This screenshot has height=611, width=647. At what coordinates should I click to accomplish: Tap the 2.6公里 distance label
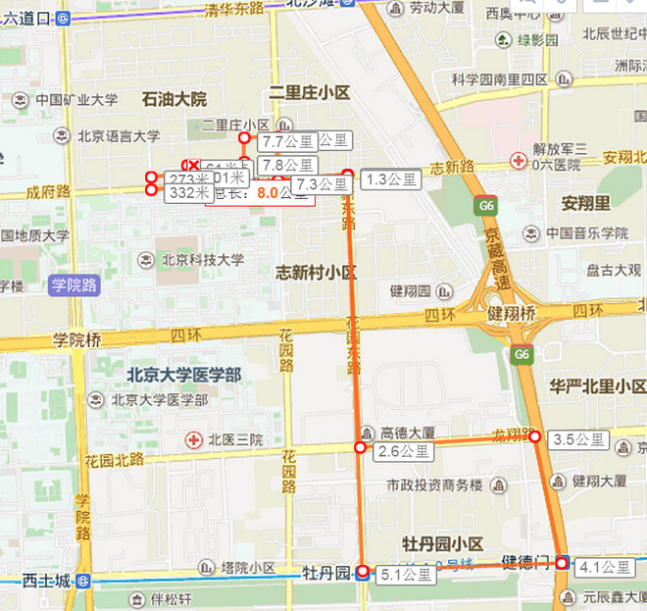click(402, 452)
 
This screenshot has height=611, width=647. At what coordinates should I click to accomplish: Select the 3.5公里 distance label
click(578, 439)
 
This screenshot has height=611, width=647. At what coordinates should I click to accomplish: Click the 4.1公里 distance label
click(605, 567)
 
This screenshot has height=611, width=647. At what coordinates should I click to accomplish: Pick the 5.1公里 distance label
click(404, 575)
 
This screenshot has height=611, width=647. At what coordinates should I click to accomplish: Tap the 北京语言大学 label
click(119, 137)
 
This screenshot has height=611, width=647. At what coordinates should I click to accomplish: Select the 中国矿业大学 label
click(76, 100)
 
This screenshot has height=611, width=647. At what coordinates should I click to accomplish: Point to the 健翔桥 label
click(511, 314)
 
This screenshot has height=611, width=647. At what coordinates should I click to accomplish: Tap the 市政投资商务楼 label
click(434, 485)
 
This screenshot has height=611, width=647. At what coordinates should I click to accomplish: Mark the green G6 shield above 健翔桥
click(486, 206)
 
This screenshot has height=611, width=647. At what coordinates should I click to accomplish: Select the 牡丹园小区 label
click(443, 543)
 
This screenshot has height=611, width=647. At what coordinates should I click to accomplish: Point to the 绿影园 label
click(537, 40)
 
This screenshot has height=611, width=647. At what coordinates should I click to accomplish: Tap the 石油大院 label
click(174, 99)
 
